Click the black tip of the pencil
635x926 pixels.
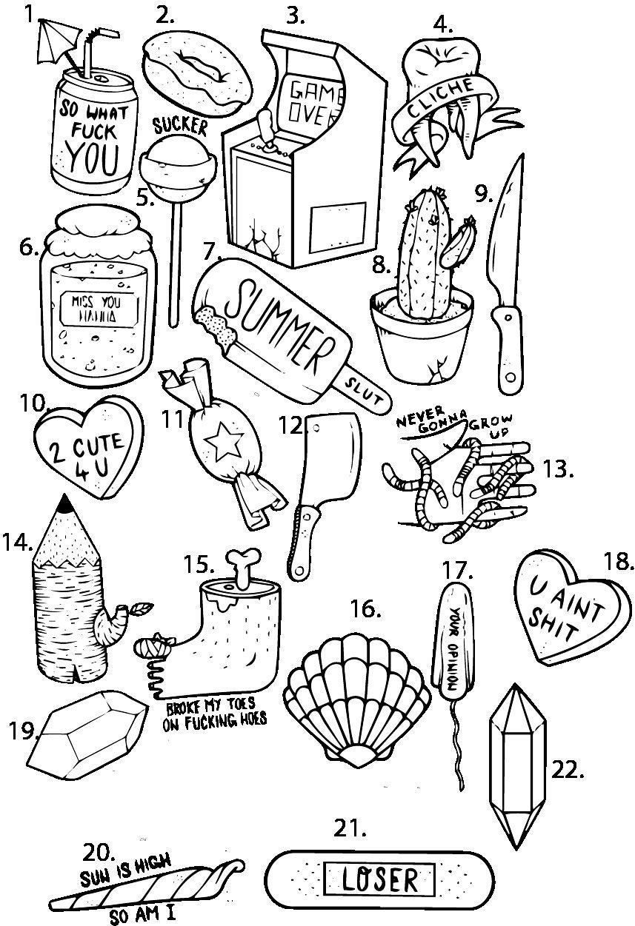click(64, 506)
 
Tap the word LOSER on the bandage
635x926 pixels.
click(379, 880)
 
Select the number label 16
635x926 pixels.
click(365, 610)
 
